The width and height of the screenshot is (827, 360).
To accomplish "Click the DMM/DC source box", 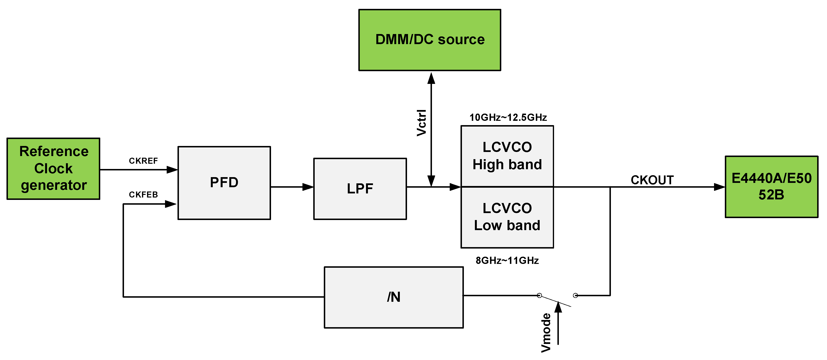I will pyautogui.click(x=430, y=40).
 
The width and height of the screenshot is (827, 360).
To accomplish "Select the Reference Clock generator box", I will pyautogui.click(x=53, y=168).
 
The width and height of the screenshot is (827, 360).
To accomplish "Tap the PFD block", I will pyautogui.click(x=224, y=183).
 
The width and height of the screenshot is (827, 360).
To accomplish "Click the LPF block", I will pyautogui.click(x=360, y=188).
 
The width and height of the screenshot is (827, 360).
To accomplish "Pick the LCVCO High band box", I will pyautogui.click(x=507, y=156).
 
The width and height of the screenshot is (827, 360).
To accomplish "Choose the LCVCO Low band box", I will pyautogui.click(x=507, y=217).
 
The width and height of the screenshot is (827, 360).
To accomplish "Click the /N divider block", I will pyautogui.click(x=394, y=297).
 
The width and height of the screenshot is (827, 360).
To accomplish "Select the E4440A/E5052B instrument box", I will pyautogui.click(x=771, y=186).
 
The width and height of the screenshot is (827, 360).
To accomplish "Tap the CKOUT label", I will pyautogui.click(x=652, y=180).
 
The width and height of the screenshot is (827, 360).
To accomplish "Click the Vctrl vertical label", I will pyautogui.click(x=421, y=122).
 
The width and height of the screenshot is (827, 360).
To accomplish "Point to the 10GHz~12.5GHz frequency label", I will pyautogui.click(x=508, y=117).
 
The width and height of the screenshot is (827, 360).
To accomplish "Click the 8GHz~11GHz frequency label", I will pyautogui.click(x=507, y=260).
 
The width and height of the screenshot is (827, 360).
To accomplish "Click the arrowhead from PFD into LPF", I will pyautogui.click(x=308, y=187).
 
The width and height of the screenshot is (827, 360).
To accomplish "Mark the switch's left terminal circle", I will pyautogui.click(x=539, y=295).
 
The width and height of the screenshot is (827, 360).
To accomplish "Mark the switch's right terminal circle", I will pyautogui.click(x=575, y=295).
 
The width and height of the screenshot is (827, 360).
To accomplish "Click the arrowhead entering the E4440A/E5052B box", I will pyautogui.click(x=719, y=187).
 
